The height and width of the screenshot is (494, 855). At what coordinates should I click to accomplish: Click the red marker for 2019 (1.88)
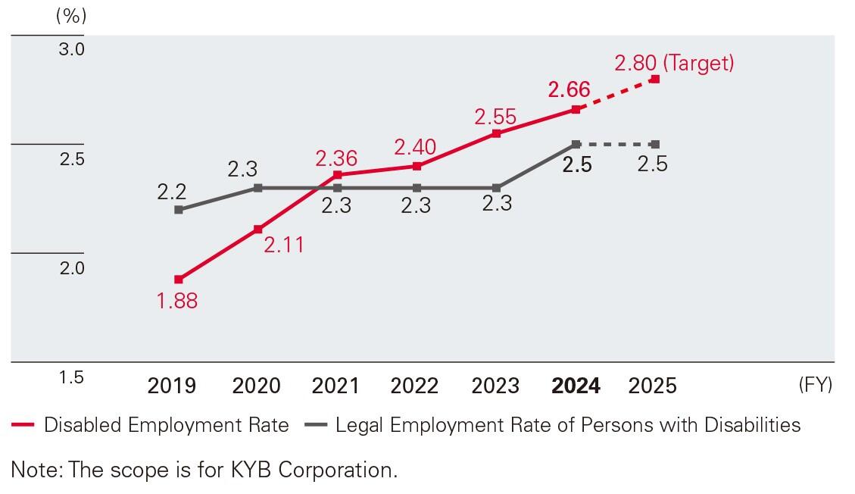click(178, 280)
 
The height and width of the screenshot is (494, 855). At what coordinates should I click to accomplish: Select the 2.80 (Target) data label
click(674, 63)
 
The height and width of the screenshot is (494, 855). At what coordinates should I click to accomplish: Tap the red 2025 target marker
click(655, 79)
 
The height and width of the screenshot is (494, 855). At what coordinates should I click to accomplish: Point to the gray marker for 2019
click(178, 210)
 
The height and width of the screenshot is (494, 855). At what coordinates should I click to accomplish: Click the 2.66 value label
click(569, 89)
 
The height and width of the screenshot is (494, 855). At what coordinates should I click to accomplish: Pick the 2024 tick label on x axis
click(576, 386)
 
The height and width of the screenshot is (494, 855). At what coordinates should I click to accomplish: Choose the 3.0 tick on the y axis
click(72, 49)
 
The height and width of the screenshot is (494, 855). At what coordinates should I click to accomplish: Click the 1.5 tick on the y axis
click(72, 377)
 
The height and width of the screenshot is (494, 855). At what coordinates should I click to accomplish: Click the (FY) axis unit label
click(815, 385)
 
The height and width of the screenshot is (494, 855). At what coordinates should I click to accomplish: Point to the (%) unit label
click(71, 17)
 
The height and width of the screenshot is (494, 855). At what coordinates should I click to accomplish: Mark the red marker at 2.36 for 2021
click(337, 175)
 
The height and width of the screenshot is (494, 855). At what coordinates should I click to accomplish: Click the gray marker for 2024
click(576, 144)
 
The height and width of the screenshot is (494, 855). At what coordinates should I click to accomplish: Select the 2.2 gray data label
click(172, 192)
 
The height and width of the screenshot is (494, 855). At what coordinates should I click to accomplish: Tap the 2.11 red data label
click(283, 245)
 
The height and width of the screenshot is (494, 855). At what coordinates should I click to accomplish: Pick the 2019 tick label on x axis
click(171, 386)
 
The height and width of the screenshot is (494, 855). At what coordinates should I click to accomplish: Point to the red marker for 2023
click(496, 133)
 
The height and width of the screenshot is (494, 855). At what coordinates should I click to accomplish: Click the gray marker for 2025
click(655, 144)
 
